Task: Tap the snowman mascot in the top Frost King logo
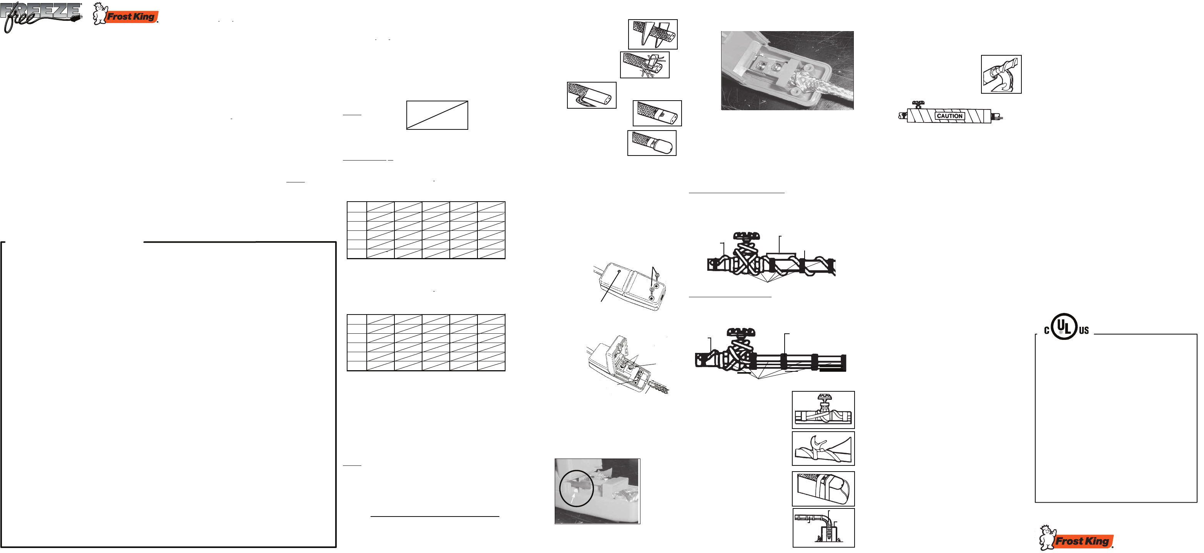coord(100,13)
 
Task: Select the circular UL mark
coord(1064,326)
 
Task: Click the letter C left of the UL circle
coord(1047,331)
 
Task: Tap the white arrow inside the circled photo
coord(573,499)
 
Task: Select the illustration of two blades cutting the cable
coord(652,34)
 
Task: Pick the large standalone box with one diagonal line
coord(437,115)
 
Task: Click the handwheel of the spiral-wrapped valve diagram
coord(746,236)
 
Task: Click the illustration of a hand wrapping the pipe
coord(1001,74)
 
